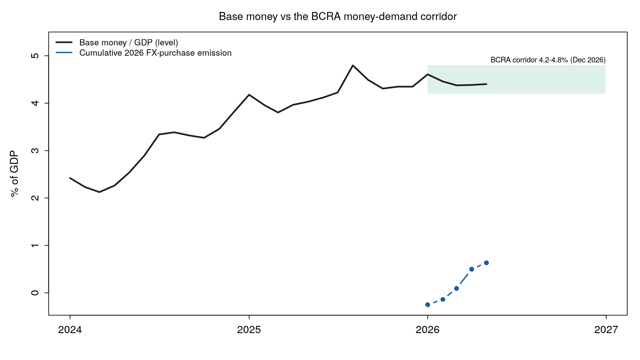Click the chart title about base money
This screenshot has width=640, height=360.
[x=338, y=16]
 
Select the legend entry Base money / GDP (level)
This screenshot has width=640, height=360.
[x=128, y=42]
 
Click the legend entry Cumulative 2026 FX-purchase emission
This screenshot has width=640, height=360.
[x=156, y=53]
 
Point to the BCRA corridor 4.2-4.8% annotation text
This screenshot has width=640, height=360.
[x=548, y=60]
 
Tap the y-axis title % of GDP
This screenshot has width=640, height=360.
[x=14, y=174]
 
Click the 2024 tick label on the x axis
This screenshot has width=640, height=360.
[x=70, y=330]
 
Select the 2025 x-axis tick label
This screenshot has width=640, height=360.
[x=249, y=330]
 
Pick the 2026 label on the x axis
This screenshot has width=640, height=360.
[x=428, y=330]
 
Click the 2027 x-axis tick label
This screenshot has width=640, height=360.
[x=606, y=330]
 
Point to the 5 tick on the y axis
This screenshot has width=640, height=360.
[x=35, y=56]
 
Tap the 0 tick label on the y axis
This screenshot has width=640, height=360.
[x=35, y=293]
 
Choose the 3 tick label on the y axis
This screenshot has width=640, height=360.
[x=35, y=150]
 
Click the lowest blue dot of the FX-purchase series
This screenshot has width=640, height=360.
[x=428, y=305]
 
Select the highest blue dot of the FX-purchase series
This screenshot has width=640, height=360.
[x=486, y=263]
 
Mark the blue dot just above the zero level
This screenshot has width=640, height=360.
[x=456, y=288]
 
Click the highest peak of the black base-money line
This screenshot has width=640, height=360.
[x=353, y=66]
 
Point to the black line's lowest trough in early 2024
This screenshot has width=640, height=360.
[x=100, y=192]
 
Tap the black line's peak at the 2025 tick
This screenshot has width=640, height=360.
[x=249, y=94]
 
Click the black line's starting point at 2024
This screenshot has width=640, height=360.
[x=70, y=178]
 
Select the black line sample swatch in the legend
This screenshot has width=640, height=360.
[x=64, y=42]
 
